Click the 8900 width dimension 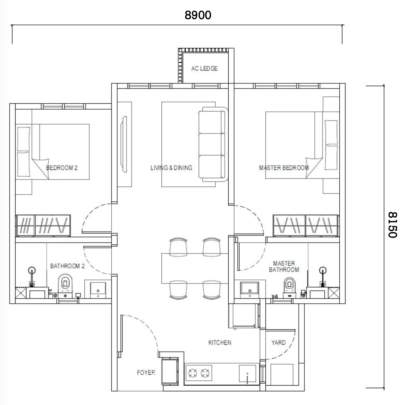pyautogui.click(x=198, y=15)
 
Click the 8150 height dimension pyautogui.click(x=392, y=225)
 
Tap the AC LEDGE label pyautogui.click(x=204, y=68)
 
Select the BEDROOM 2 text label pyautogui.click(x=62, y=168)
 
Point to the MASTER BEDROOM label pyautogui.click(x=284, y=168)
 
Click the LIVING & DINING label pyautogui.click(x=171, y=168)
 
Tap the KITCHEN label pyautogui.click(x=220, y=343)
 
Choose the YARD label pyautogui.click(x=278, y=343)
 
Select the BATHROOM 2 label pyautogui.click(x=67, y=266)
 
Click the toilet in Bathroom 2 pyautogui.click(x=65, y=286)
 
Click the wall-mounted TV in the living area pyautogui.click(x=124, y=144)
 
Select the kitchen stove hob pyautogui.click(x=198, y=373)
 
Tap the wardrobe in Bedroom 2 pyautogui.click(x=43, y=225)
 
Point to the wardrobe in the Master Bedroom pyautogui.click(x=306, y=225)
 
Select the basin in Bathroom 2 pyautogui.click(x=98, y=290)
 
